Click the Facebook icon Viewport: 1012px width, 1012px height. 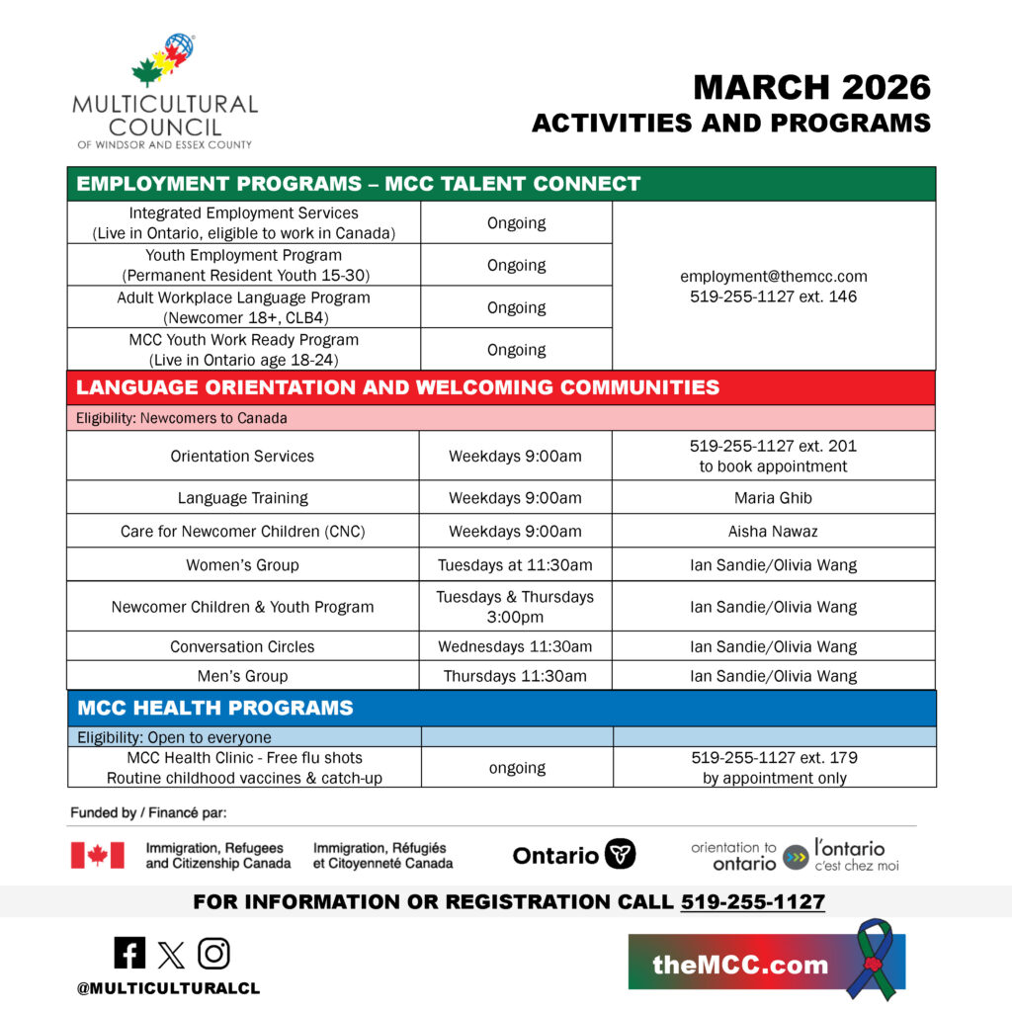tap(129, 953)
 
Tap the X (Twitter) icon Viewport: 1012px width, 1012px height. tap(171, 954)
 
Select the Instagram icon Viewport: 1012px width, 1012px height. tap(213, 953)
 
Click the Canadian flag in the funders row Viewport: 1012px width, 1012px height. tap(98, 856)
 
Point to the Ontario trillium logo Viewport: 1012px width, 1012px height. tap(620, 855)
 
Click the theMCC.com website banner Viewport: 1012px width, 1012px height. tap(740, 964)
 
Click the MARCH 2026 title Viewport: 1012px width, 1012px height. tap(811, 88)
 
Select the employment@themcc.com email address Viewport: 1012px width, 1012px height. tap(774, 277)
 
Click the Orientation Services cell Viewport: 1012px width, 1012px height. tap(242, 457)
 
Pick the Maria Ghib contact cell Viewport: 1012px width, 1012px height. tap(774, 498)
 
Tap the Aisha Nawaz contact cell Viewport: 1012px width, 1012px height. tap(774, 532)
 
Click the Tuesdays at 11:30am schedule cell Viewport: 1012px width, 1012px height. tap(515, 565)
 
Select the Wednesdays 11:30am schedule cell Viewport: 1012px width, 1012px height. tap(515, 647)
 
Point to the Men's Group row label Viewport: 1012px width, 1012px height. tap(242, 677)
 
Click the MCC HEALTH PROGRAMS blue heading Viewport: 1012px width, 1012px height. tap(214, 708)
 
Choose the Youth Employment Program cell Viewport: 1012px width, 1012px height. tap(243, 265)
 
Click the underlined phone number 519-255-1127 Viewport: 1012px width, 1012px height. tap(752, 902)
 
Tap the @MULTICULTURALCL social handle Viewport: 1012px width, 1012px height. tap(169, 988)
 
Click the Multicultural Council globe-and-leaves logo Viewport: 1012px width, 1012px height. tap(164, 61)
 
